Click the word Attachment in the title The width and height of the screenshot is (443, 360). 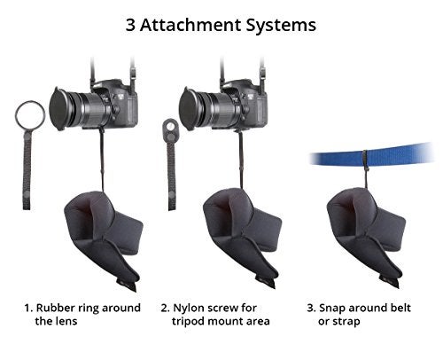point(190,25)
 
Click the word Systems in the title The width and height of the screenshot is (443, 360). point(281,26)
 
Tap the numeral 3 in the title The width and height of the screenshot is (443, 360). point(130,25)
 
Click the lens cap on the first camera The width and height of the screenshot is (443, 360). point(58,108)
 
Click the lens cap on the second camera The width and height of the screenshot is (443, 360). point(187,108)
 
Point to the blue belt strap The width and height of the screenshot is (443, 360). point(371,154)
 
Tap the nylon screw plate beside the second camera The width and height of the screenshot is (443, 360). point(170,129)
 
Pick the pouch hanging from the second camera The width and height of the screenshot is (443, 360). point(242,237)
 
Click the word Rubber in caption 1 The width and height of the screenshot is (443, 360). point(55,308)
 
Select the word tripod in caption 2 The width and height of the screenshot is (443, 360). point(188,322)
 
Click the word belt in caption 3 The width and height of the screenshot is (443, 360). point(400,308)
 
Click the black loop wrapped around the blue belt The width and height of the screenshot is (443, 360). point(365,160)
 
